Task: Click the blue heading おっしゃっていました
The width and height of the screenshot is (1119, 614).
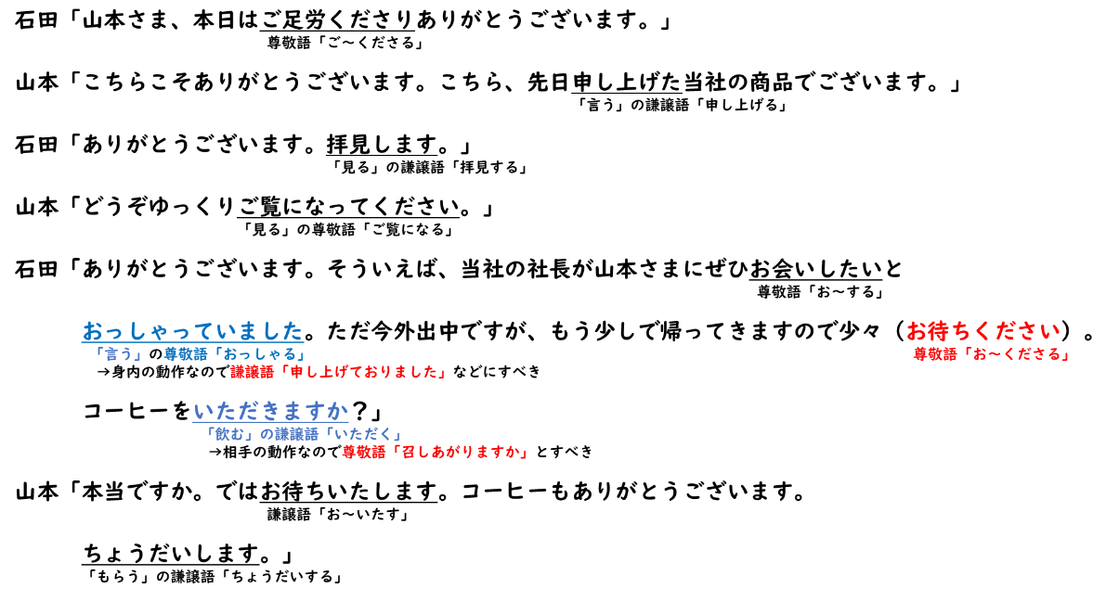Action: [192, 331]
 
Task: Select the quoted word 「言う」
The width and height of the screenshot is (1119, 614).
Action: [118, 354]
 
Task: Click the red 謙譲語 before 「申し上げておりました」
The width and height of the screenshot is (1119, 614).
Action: [253, 372]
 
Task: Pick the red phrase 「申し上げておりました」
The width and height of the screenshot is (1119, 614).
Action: [363, 372]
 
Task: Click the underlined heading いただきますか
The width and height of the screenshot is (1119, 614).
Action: [270, 411]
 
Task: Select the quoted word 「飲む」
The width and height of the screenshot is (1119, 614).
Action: [229, 434]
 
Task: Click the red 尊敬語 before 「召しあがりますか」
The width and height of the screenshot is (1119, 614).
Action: [363, 452]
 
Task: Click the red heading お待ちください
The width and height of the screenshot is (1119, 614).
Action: [982, 331]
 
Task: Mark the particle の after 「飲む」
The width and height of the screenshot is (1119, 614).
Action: [267, 434]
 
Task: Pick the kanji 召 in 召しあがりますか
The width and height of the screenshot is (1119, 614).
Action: [408, 452]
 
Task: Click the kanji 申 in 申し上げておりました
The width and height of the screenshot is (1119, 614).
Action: [296, 372]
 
